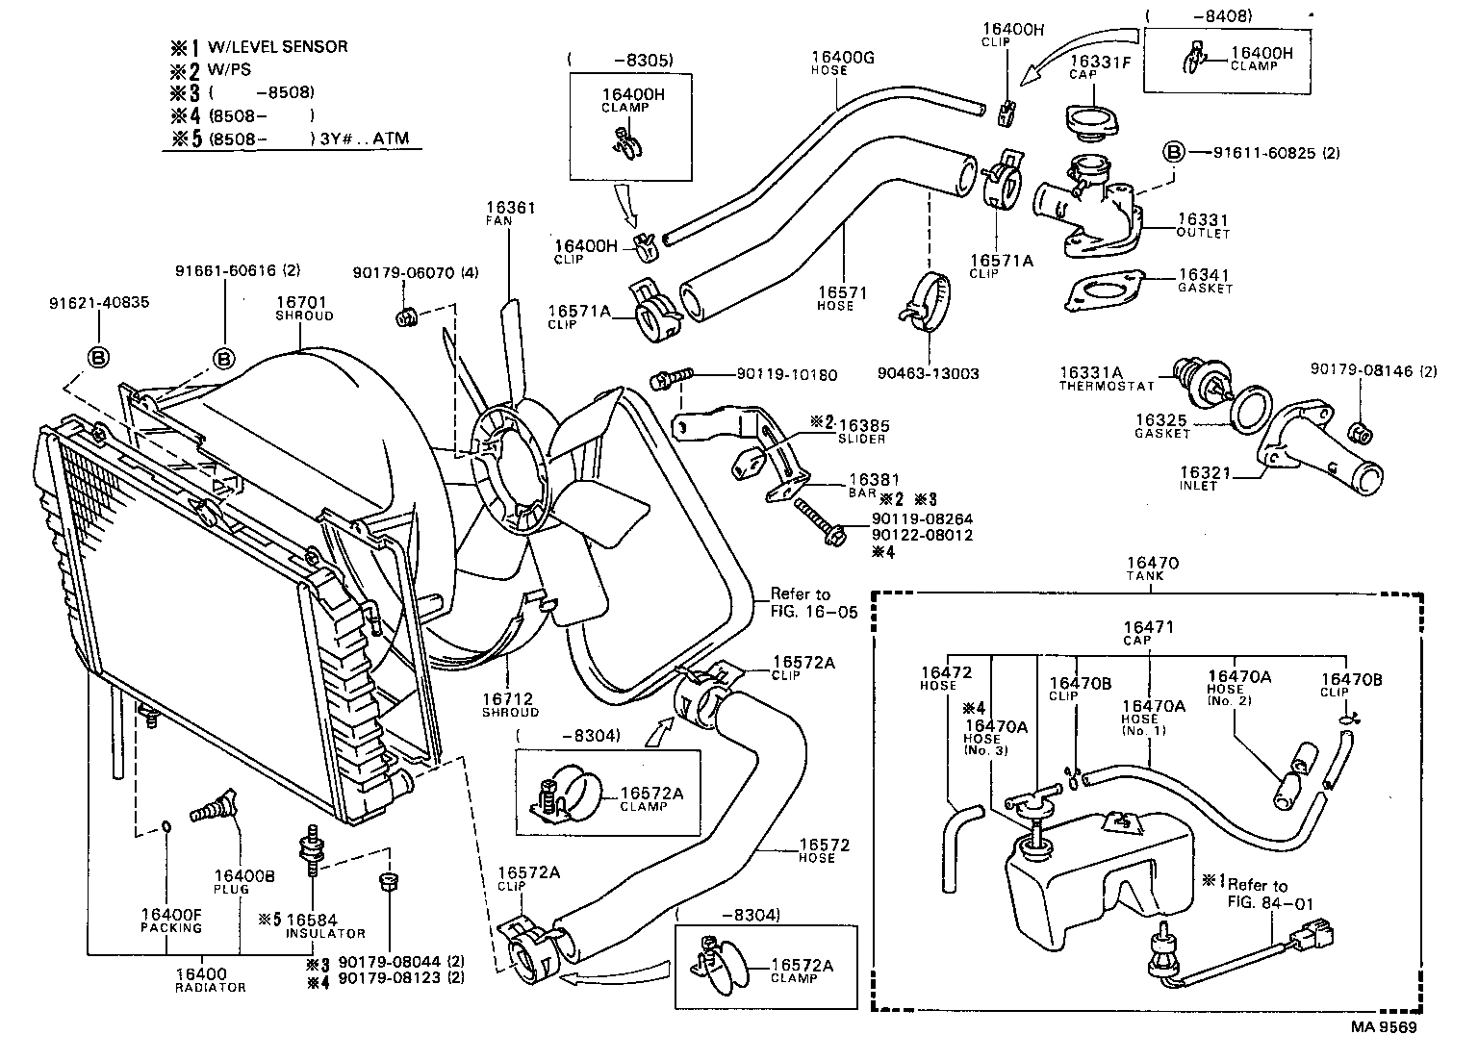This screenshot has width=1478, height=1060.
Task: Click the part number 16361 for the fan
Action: click(510, 208)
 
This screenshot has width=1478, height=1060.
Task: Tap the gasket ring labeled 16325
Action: click(1251, 409)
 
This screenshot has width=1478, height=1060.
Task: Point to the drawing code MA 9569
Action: click(1383, 1026)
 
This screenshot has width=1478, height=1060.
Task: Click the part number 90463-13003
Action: click(929, 373)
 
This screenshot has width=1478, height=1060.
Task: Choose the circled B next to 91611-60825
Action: click(1173, 153)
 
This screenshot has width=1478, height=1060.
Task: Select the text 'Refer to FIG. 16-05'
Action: click(813, 602)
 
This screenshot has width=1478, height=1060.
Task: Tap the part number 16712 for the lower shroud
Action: click(508, 698)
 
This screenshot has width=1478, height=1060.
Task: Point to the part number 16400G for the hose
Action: click(842, 58)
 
